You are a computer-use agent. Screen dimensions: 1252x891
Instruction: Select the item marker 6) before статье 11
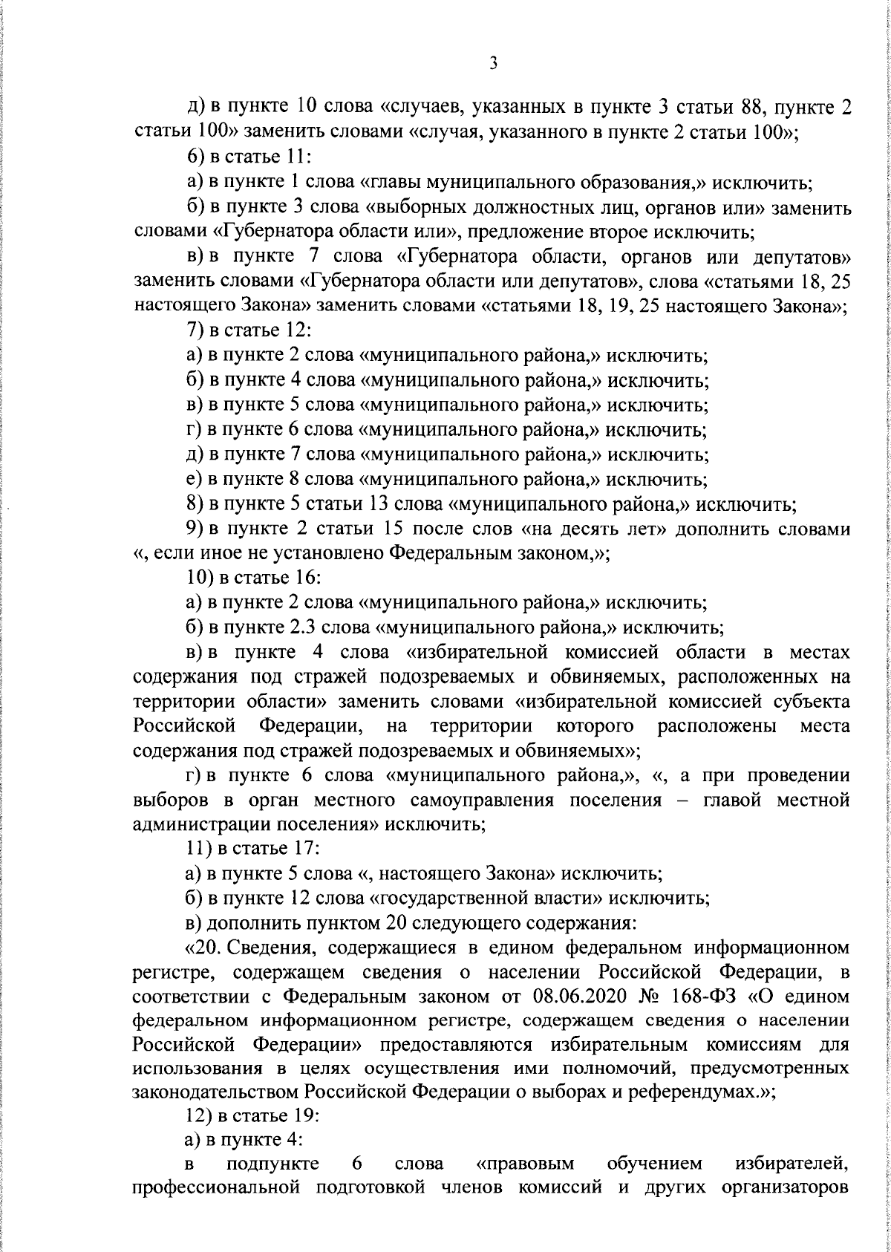pos(197,157)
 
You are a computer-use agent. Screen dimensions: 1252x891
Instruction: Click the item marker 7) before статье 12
pos(197,330)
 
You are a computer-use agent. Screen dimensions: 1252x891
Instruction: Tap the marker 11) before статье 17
pos(200,847)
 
